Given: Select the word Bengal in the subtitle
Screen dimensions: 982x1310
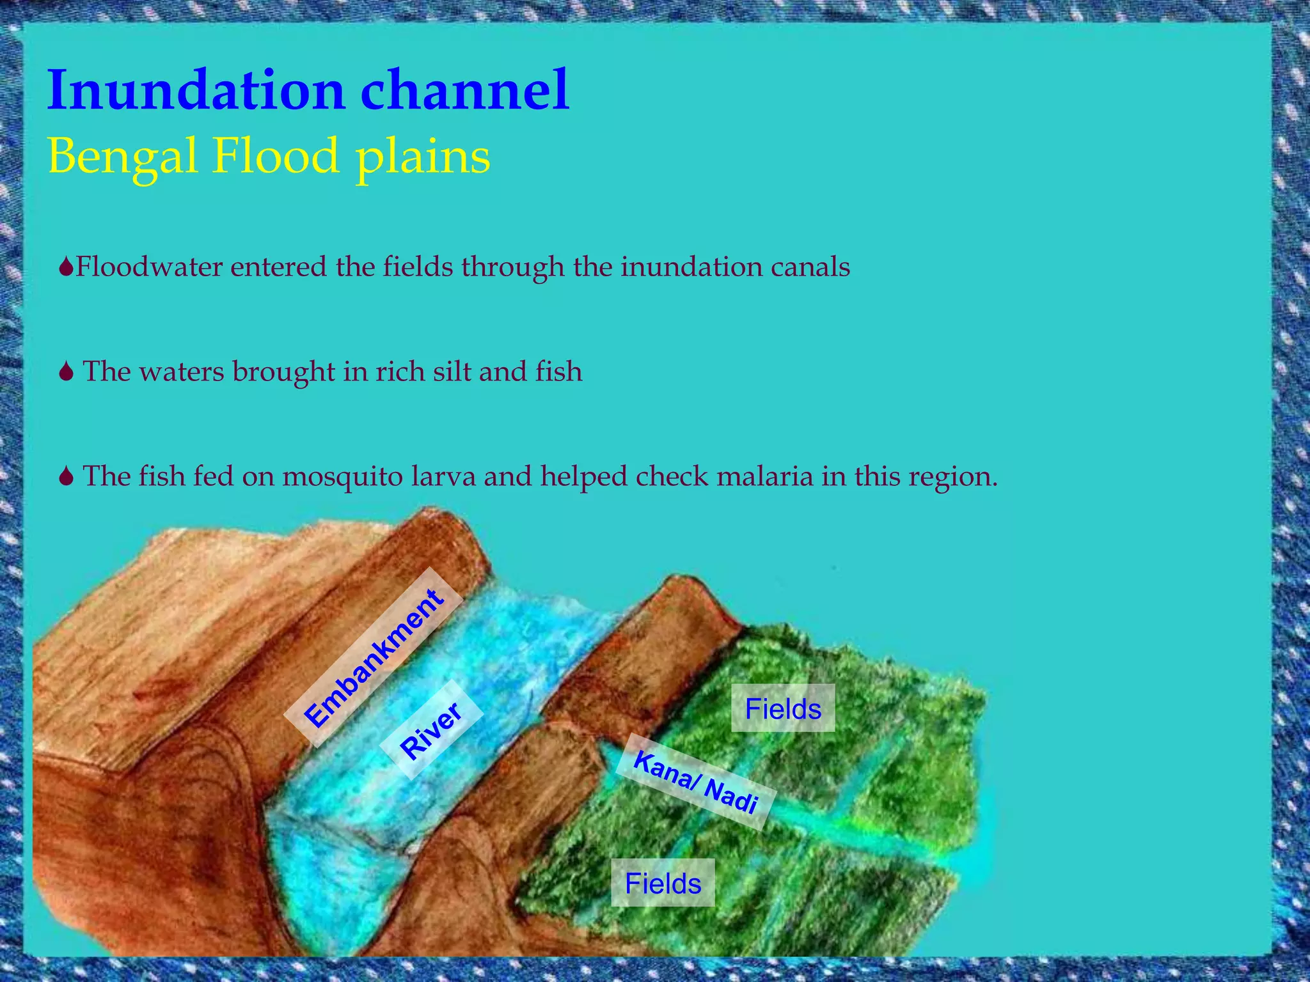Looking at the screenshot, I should click(x=122, y=157).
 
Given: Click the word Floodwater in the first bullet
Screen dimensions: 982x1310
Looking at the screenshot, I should click(x=148, y=267).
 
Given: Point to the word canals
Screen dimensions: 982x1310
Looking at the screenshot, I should click(x=810, y=267).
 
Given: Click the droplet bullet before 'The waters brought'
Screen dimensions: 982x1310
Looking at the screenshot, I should click(x=67, y=372).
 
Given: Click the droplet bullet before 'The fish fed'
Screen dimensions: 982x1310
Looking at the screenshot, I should click(x=67, y=477).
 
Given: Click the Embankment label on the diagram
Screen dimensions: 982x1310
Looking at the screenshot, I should click(x=373, y=659).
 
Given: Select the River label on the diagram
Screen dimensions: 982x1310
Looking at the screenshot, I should click(x=430, y=729).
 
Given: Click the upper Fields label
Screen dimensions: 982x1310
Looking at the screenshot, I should click(x=783, y=708).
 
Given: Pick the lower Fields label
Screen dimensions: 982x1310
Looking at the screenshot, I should click(x=663, y=883).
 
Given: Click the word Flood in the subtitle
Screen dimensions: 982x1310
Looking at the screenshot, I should click(x=275, y=156).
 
